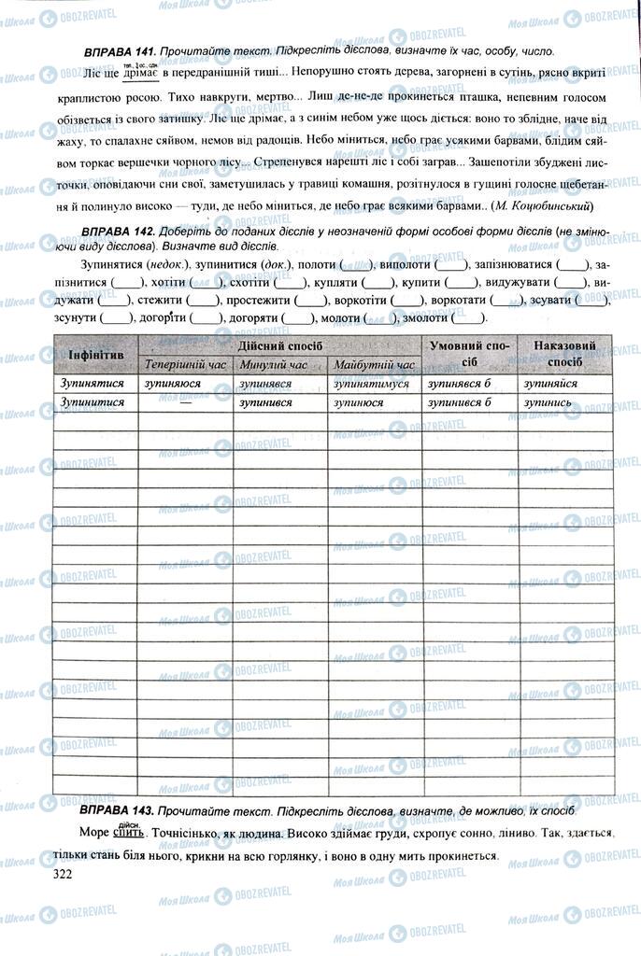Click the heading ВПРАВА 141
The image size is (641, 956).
point(119,51)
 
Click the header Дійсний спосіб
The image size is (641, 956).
point(278,345)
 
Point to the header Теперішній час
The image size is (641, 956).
point(185,365)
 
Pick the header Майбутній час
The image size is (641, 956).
point(374,365)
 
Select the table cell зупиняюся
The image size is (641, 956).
point(175,384)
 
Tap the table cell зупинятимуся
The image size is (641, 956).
point(371,384)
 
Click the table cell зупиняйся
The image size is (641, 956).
point(550,384)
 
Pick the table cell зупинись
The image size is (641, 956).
point(548,402)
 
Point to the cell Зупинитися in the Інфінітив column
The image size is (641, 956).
point(92,402)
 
